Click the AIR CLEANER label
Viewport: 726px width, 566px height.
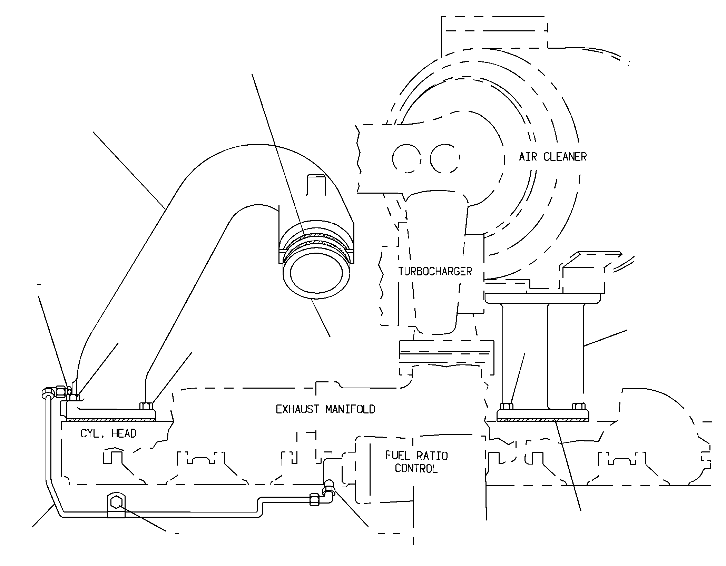pos(552,157)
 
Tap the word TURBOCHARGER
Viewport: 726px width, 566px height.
pos(435,271)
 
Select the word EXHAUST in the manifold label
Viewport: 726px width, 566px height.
pos(297,409)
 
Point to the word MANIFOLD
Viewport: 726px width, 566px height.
pos(350,409)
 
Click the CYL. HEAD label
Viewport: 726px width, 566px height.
pos(108,433)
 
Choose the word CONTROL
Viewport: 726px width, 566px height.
pos(416,468)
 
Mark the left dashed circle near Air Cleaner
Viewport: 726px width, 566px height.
pos(406,158)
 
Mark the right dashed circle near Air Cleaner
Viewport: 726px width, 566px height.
pos(445,158)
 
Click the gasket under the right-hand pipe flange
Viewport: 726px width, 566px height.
pos(543,420)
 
